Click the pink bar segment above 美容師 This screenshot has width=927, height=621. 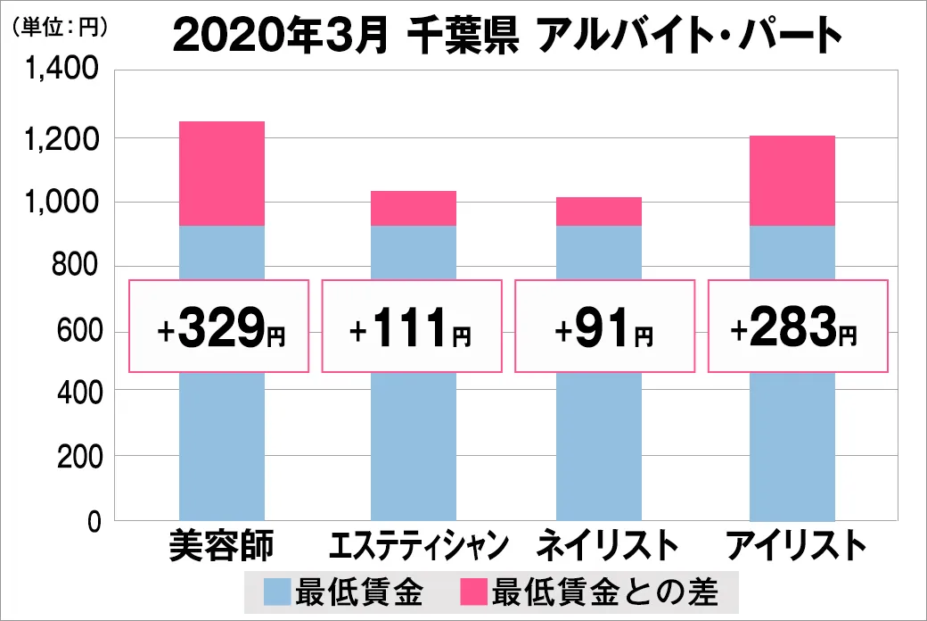tap(222, 173)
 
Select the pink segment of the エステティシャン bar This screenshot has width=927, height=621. tap(413, 208)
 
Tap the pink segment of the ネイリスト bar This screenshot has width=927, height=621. tap(598, 211)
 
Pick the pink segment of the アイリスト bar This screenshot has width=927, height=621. tap(792, 180)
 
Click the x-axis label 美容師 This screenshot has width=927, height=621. tap(221, 545)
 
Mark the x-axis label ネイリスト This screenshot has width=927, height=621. tap(601, 545)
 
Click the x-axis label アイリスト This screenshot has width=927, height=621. tap(793, 545)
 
